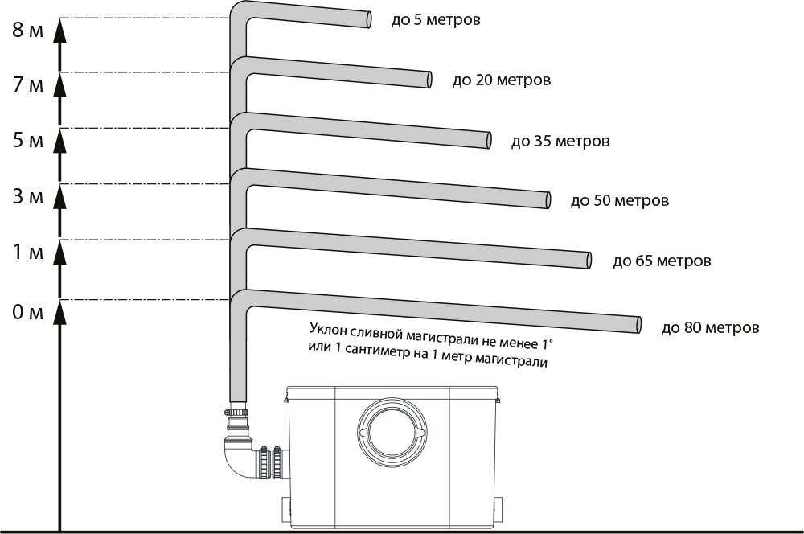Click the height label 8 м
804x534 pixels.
coord(27,30)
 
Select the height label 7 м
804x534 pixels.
coord(27,84)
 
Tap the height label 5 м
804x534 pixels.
coord(27,140)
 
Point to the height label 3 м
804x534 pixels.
coord(27,196)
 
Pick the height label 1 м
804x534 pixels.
coord(27,252)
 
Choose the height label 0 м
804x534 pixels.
coord(27,312)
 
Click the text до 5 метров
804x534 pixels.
coord(436,20)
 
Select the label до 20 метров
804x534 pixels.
coord(502,80)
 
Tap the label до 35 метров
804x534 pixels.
coord(560,141)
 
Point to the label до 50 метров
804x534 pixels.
coord(620,200)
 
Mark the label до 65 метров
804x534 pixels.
coord(662,261)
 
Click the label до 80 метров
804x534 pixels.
coord(710,327)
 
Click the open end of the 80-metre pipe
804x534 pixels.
coord(639,325)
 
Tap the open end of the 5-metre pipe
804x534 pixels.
coord(369,19)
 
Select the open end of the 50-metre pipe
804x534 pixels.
coord(548,200)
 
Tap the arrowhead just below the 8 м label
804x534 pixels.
coord(60,28)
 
